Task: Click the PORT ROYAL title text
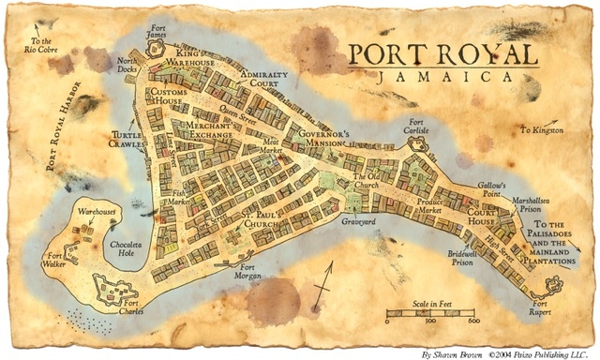[x=441, y=53]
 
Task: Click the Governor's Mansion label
[x=320, y=138]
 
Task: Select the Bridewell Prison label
[x=463, y=259]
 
